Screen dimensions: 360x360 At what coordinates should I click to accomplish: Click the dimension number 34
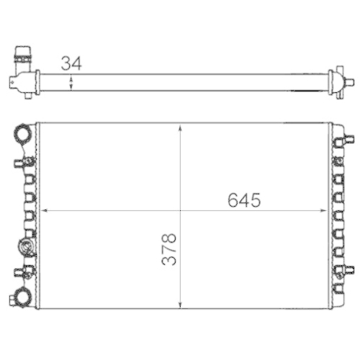click(71, 63)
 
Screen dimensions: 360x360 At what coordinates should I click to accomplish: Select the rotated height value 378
click(168, 249)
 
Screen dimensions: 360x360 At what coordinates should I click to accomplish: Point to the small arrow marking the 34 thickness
click(71, 83)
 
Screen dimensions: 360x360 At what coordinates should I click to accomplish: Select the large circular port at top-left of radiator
click(24, 134)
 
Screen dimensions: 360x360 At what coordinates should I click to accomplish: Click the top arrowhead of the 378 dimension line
click(179, 127)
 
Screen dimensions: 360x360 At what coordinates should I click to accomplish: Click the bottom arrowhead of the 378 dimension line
click(179, 305)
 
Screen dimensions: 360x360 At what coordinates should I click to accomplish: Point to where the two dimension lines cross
click(179, 211)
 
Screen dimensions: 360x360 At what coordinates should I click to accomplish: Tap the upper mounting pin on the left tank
click(19, 162)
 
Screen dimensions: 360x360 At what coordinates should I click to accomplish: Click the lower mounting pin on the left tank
click(19, 272)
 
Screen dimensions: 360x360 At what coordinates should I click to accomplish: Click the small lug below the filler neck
click(28, 93)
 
